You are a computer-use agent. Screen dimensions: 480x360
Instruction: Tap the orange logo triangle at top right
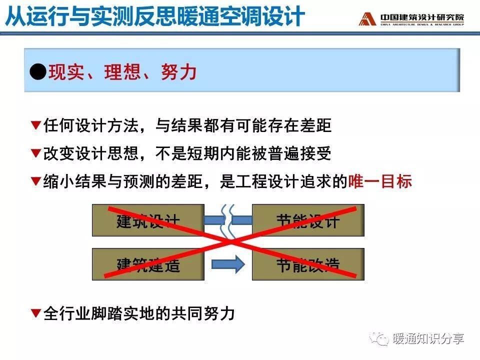[x=367, y=19]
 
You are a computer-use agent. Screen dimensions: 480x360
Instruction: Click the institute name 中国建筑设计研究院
[x=422, y=17]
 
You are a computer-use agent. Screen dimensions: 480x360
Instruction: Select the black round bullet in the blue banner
[x=38, y=72]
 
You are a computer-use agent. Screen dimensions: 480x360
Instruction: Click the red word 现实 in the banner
[x=66, y=72]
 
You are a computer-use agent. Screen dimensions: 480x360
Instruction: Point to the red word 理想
[x=122, y=72]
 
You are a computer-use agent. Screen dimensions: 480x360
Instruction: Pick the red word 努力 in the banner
[x=179, y=72]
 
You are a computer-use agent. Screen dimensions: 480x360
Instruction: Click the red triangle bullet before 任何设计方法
[x=36, y=125]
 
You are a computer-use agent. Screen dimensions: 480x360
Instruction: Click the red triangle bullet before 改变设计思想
[x=36, y=153]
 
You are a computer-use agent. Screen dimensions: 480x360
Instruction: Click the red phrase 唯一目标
[x=380, y=181]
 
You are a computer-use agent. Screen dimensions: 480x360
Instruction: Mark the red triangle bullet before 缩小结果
[x=36, y=181]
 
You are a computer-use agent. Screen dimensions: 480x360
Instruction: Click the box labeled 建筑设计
[x=148, y=220]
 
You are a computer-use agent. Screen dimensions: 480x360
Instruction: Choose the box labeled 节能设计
[x=308, y=220]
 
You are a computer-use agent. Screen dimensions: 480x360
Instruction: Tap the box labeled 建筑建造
[x=148, y=264]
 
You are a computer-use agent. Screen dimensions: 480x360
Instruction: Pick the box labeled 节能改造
[x=308, y=264]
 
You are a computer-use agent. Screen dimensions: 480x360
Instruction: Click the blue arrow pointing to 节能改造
[x=228, y=264]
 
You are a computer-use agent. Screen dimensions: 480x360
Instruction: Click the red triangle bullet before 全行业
[x=36, y=313]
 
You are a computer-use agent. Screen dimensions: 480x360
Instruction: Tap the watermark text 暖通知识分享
[x=428, y=339]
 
